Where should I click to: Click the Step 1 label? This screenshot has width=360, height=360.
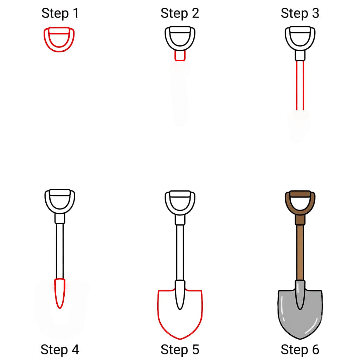(60, 13)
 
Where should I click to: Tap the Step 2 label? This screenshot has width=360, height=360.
(180, 13)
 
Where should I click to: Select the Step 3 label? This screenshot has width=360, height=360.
(300, 13)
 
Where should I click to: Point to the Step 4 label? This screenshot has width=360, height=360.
(60, 350)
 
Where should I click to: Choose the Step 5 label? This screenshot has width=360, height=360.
(180, 350)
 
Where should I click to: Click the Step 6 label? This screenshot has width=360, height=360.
(300, 350)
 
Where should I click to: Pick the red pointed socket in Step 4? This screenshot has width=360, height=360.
(60, 293)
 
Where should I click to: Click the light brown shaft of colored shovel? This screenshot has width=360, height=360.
(300, 252)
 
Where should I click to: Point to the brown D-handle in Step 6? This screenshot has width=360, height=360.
(287, 202)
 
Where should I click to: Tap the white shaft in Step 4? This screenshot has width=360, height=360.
(60, 251)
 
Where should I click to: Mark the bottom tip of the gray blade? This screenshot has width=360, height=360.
(300, 339)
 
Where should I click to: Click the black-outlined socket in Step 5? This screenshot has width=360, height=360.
(180, 295)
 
